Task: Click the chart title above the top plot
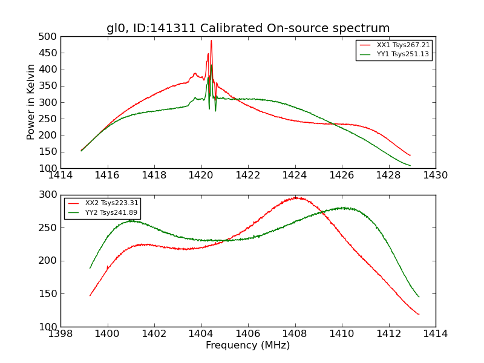[x=248, y=28]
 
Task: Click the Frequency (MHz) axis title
[x=248, y=345]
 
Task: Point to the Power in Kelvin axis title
[x=31, y=102]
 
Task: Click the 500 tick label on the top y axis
[x=48, y=37]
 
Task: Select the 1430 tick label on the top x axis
[x=436, y=175]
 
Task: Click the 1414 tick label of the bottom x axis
[x=436, y=334]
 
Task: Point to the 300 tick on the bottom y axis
[x=48, y=195]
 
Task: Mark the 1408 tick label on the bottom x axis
[x=295, y=334]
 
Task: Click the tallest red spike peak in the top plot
[x=211, y=41]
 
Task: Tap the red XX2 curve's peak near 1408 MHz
[x=296, y=197]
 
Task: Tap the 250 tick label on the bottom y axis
[x=48, y=228]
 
